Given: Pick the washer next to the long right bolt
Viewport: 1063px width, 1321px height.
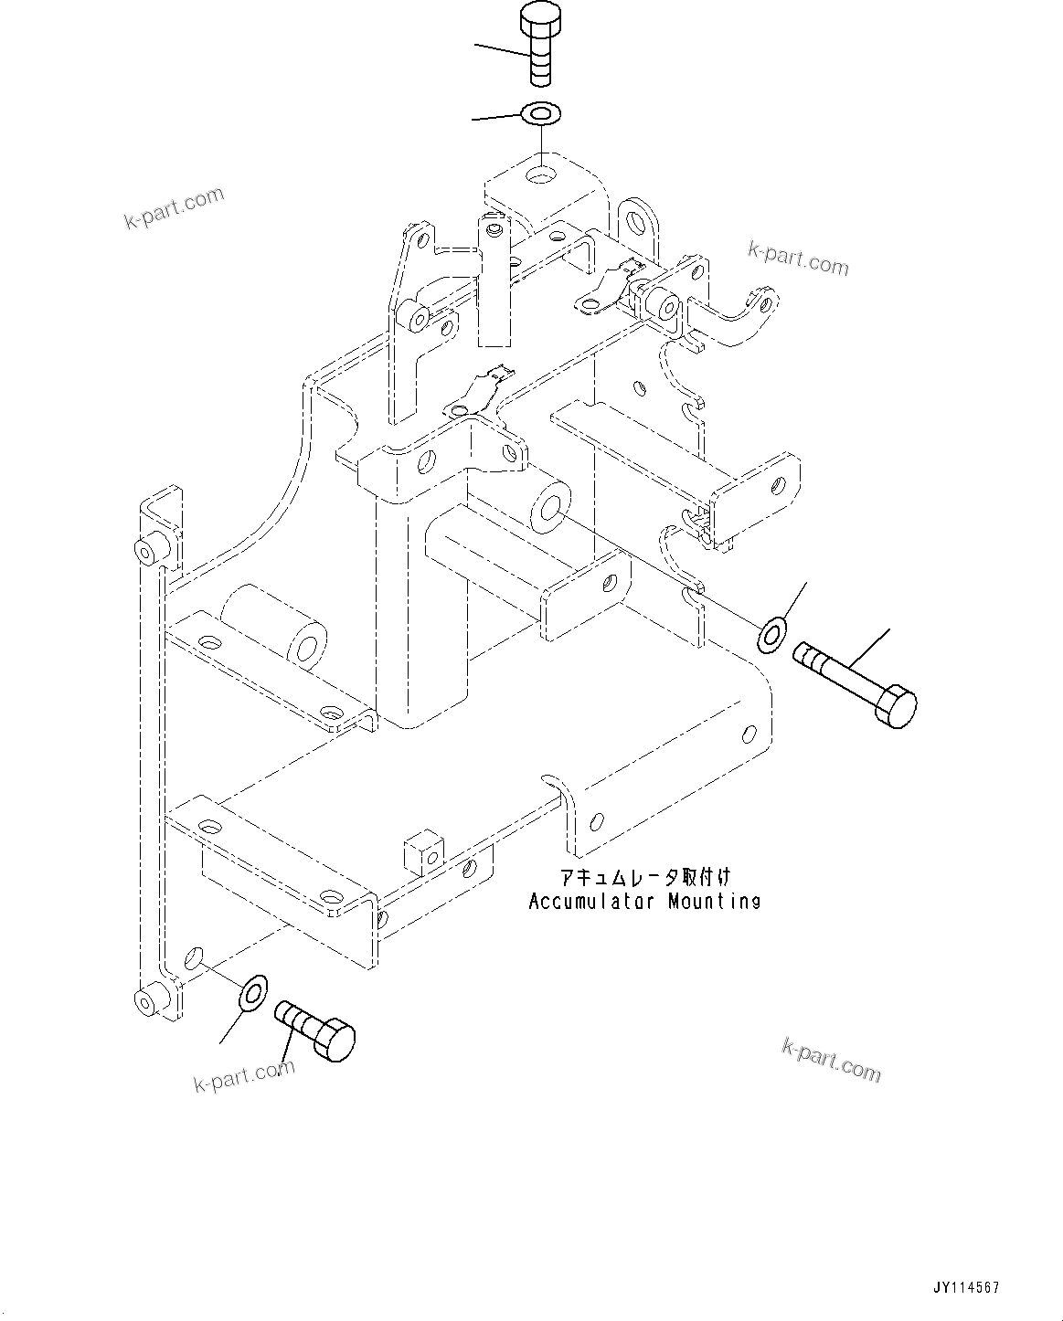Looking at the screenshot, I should click(x=772, y=634).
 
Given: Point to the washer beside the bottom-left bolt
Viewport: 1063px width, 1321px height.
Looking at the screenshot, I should click(x=251, y=994).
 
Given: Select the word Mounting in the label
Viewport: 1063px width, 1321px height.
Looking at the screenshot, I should click(x=714, y=902).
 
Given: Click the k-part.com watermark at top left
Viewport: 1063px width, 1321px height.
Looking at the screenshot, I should click(x=174, y=209).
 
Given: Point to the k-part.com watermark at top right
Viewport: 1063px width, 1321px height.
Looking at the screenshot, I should click(x=798, y=259).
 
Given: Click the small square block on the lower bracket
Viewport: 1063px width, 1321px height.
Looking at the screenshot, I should click(x=422, y=852).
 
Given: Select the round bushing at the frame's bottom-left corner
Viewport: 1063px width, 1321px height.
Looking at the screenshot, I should click(x=146, y=1001).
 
